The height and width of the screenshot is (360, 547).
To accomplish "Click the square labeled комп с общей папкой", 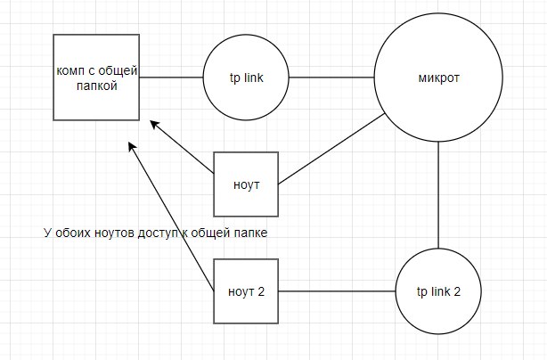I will point(97,78).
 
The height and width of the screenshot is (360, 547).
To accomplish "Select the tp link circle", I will point(245,78).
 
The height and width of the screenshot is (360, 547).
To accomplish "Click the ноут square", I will point(247,184).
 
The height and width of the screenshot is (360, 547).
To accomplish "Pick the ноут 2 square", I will point(247,291).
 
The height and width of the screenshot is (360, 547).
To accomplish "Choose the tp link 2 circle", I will point(438,291).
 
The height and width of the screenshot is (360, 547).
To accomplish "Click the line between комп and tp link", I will point(172,78).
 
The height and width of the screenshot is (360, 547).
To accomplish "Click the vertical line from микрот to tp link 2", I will point(439,196).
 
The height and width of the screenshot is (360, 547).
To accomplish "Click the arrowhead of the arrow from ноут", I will point(154,124).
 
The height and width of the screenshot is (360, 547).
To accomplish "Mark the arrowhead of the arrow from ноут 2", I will point(133,146).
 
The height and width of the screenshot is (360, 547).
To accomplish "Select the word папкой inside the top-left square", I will point(97,87).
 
